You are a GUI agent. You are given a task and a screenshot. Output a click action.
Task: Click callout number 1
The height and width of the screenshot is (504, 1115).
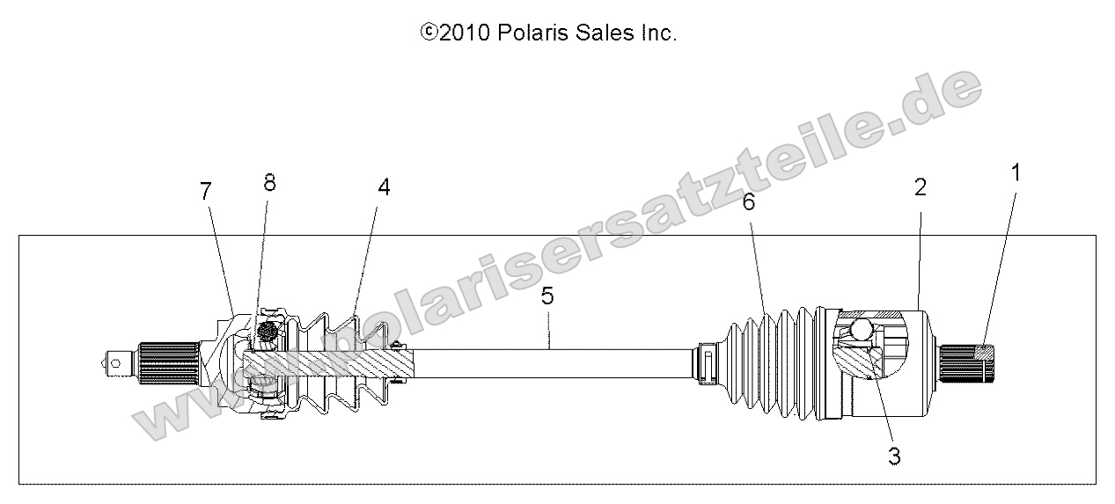tap(1016, 173)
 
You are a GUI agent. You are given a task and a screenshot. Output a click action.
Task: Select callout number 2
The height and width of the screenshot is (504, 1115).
tap(920, 186)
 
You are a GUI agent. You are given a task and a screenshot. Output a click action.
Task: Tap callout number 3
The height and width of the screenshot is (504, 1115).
tap(894, 456)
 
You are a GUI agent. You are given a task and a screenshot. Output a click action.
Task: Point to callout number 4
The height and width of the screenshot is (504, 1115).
tap(384, 186)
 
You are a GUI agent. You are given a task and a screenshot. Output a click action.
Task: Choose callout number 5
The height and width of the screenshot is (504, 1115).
tap(547, 296)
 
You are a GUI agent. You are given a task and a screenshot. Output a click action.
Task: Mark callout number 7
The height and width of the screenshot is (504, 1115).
tap(206, 191)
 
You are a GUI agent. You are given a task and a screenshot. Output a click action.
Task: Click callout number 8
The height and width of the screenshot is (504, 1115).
tap(269, 182)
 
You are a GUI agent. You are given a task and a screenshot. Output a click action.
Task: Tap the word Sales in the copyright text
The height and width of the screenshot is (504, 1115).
tap(608, 33)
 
